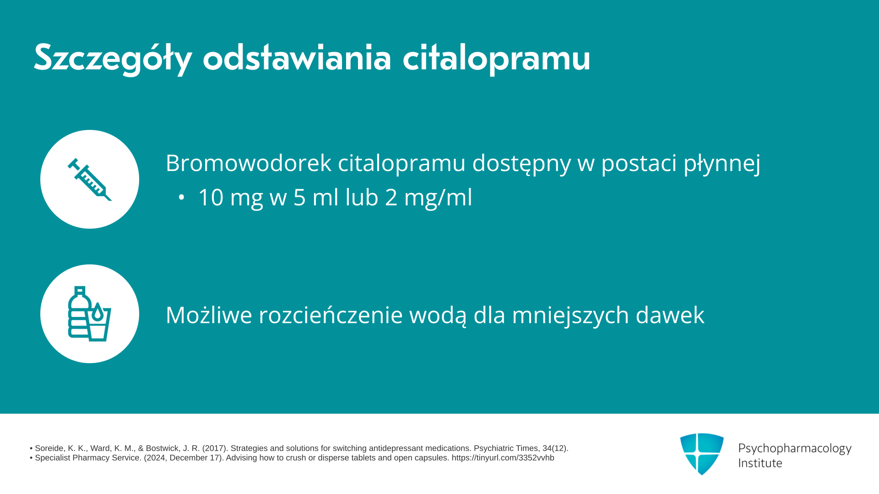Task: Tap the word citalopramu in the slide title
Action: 497,58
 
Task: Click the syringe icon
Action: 90,179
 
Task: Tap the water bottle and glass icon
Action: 90,314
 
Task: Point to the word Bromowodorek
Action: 249,163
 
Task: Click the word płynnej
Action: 722,164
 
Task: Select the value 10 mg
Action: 230,198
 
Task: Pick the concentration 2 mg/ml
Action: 429,198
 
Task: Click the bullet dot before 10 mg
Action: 181,198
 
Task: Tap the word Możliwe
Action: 209,315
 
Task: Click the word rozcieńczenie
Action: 331,315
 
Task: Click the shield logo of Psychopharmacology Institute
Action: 702,454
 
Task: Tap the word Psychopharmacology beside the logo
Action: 795,449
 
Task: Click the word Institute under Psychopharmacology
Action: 760,463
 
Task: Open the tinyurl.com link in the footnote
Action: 503,458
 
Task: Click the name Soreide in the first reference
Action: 49,448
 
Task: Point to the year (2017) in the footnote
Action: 215,448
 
